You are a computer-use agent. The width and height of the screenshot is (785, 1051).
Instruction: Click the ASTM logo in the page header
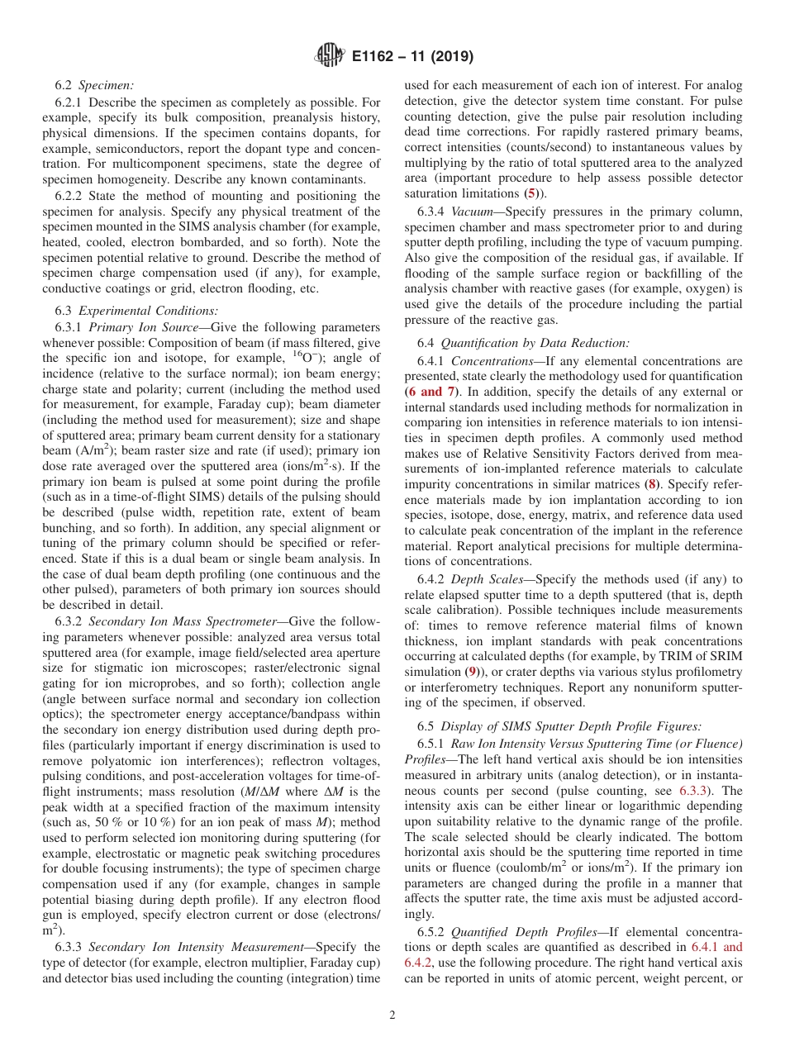(x=330, y=56)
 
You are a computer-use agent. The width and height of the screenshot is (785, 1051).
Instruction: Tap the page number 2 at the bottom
(x=392, y=1015)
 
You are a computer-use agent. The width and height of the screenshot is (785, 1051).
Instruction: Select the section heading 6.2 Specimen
(x=94, y=85)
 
